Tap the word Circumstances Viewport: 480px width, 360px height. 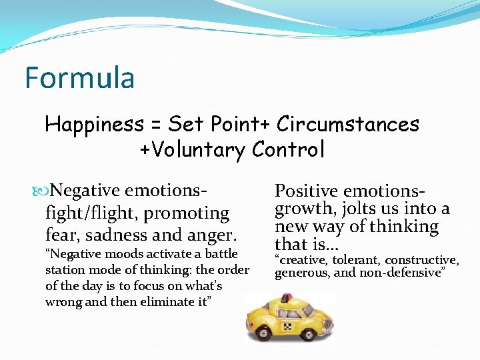[348, 124]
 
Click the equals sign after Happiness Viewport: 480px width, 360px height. [156, 125]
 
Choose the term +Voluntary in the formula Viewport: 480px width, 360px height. [192, 150]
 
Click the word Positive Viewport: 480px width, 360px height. [307, 191]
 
